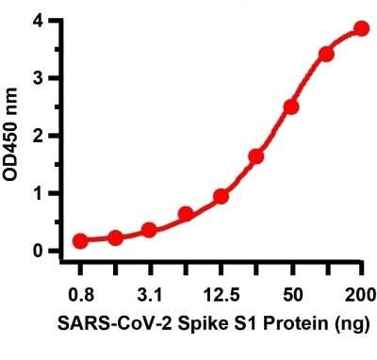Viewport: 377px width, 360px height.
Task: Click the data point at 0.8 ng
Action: (x=80, y=241)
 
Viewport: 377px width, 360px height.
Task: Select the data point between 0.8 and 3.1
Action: (x=115, y=237)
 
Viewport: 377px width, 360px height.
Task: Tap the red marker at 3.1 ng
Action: (x=149, y=230)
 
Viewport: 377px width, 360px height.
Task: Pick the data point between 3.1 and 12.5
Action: (x=186, y=214)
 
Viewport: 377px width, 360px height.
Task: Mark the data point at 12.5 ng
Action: (x=221, y=196)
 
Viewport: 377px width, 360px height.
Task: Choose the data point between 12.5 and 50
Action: (x=255, y=156)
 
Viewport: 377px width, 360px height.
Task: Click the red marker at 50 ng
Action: (x=291, y=106)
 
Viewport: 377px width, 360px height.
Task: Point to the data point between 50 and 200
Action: (x=326, y=54)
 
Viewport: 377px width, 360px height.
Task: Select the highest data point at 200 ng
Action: (x=361, y=28)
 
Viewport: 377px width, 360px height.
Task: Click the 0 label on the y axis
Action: (x=40, y=251)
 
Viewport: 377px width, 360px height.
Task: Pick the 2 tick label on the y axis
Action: (x=40, y=136)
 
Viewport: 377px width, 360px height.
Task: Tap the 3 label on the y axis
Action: (x=40, y=78)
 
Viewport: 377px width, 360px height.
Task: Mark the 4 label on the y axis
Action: (x=40, y=21)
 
